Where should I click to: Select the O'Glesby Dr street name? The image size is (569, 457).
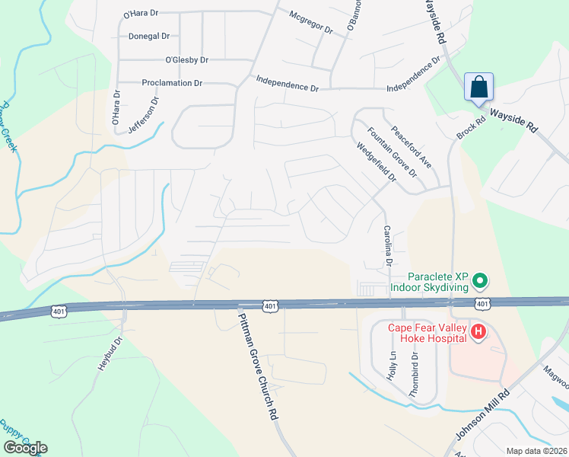pos(186,59)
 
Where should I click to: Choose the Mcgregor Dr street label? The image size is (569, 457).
pos(312,21)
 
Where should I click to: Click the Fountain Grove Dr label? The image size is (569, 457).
pos(393,151)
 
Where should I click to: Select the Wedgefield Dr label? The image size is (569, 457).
pos(377,161)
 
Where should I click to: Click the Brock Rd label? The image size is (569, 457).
pos(471,127)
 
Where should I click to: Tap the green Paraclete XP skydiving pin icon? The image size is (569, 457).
pos(480,282)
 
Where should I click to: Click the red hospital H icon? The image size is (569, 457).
pos(478,332)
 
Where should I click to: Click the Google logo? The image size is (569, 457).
pos(25,448)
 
